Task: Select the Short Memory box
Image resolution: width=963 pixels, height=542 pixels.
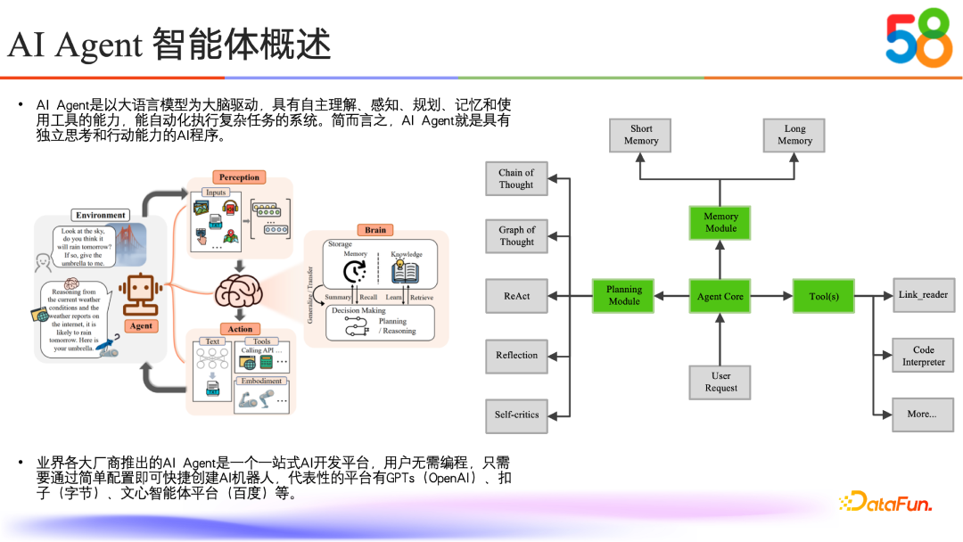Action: click(x=641, y=135)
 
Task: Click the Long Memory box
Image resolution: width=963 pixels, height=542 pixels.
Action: click(x=794, y=135)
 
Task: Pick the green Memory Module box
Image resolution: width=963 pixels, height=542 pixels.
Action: click(x=720, y=222)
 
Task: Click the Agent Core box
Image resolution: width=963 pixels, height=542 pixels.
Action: click(x=720, y=296)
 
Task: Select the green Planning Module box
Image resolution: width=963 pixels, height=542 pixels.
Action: click(x=624, y=296)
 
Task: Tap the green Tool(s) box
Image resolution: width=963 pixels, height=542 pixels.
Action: click(x=822, y=296)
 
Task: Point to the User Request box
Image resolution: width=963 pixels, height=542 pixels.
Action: click(x=720, y=382)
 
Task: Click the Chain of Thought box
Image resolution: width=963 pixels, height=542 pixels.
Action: click(x=516, y=178)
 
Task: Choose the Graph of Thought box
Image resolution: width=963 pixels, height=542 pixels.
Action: click(x=516, y=235)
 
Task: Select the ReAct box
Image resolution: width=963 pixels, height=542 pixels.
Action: click(x=516, y=296)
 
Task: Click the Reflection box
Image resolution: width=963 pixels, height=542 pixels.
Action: click(x=516, y=355)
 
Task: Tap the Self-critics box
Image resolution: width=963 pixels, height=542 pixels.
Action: click(x=516, y=415)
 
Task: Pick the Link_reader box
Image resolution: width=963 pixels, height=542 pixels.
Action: click(x=923, y=295)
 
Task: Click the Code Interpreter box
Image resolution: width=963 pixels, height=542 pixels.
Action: click(x=923, y=356)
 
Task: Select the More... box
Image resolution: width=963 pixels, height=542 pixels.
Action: click(x=923, y=414)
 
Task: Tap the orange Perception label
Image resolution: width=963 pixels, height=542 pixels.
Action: click(x=239, y=177)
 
